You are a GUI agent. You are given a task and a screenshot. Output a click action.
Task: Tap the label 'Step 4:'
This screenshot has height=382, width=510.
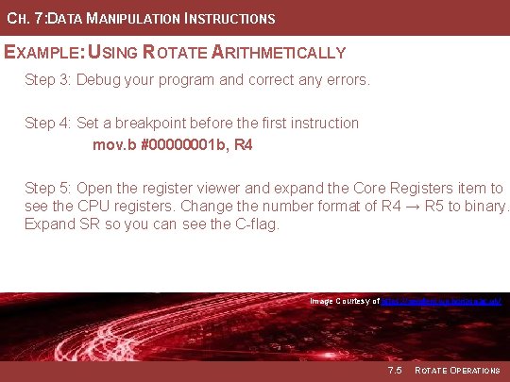click(x=47, y=123)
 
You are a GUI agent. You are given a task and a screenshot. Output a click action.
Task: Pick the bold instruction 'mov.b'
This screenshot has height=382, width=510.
click(x=112, y=145)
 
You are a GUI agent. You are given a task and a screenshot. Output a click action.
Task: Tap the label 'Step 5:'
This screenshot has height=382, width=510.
click(x=47, y=189)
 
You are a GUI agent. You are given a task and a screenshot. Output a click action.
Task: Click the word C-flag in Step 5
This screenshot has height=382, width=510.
click(x=254, y=224)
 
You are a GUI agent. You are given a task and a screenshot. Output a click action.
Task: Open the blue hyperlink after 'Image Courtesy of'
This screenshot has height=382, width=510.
click(x=440, y=301)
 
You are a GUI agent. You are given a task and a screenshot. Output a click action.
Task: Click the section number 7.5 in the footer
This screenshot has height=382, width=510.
click(x=394, y=370)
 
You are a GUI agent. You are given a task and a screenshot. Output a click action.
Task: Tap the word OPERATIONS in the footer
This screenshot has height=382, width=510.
click(x=473, y=370)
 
